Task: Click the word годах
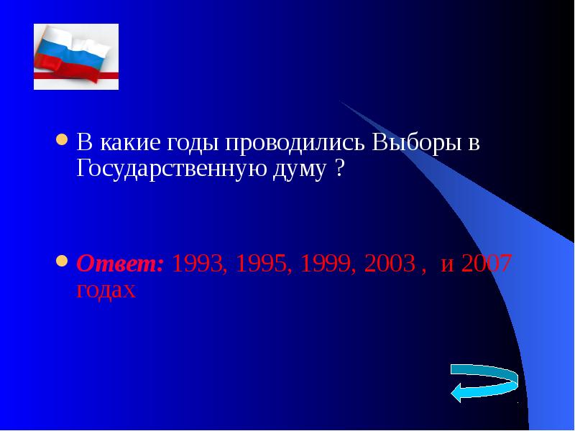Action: click(106, 289)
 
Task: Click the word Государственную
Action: click(164, 170)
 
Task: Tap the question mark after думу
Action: click(338, 170)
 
